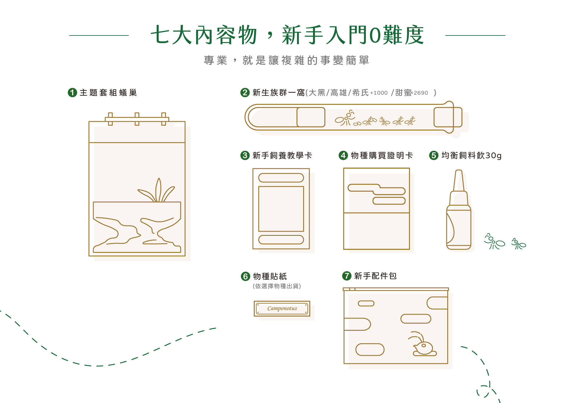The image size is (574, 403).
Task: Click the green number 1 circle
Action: (x=72, y=93)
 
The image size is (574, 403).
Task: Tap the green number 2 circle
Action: (x=245, y=93)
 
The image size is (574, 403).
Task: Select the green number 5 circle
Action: (x=434, y=155)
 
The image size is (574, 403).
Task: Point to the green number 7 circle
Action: (x=347, y=276)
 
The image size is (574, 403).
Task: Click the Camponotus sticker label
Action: (x=282, y=308)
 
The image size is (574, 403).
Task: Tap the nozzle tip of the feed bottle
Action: (x=459, y=171)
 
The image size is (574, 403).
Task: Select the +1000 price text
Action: (x=379, y=93)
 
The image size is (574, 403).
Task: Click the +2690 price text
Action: (x=420, y=93)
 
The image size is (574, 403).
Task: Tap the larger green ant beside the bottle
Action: (x=494, y=242)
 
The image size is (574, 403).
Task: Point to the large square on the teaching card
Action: (x=281, y=209)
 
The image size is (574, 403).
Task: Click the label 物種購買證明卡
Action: (x=382, y=155)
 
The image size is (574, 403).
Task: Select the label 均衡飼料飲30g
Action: (x=471, y=155)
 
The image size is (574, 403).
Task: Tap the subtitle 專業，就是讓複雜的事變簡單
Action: (x=287, y=60)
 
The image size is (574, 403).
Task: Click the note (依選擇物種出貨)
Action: (x=277, y=286)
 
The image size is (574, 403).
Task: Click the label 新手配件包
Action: (x=375, y=276)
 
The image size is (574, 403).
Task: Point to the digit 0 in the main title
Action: (x=375, y=35)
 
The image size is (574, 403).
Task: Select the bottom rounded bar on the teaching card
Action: (x=281, y=240)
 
